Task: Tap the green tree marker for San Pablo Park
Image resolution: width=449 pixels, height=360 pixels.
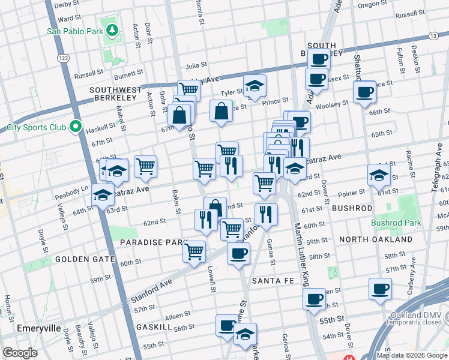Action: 111,29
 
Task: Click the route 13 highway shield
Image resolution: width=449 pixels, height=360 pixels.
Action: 433,37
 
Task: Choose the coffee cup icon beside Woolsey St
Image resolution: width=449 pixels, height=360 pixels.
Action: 364,92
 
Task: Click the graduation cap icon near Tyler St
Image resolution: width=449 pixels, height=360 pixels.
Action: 255,86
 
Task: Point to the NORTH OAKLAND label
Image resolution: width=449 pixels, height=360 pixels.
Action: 375,239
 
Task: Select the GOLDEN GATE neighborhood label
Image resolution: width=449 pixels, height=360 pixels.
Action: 85,259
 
